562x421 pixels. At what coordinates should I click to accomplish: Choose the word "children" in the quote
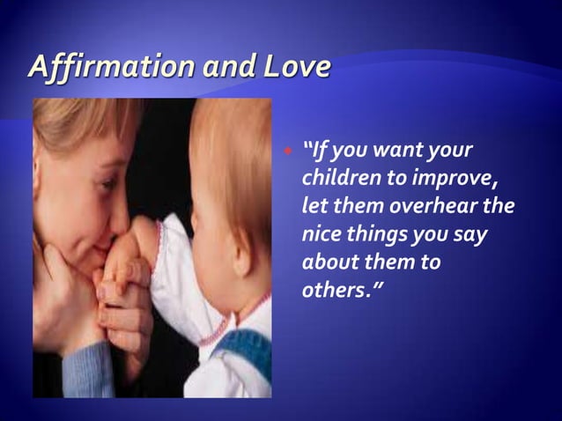pos(336,179)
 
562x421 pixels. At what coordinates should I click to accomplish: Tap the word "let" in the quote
pos(314,210)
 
